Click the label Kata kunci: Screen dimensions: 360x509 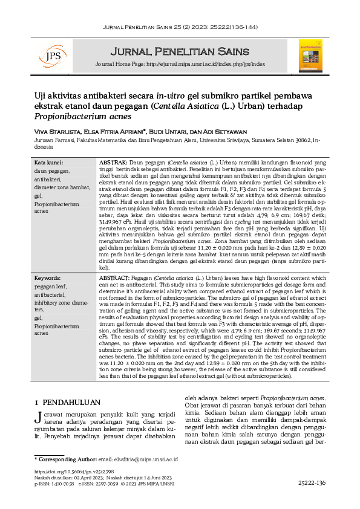tap(48, 163)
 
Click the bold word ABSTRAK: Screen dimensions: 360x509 tap(112, 163)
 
